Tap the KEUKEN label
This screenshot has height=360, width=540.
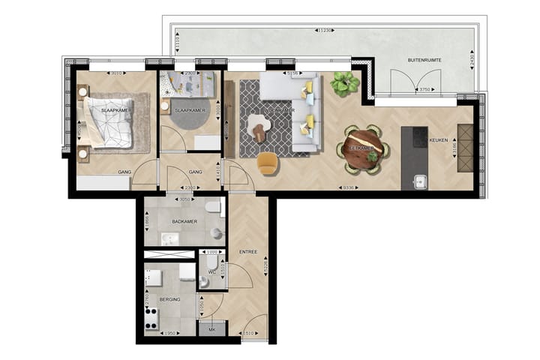[439, 140]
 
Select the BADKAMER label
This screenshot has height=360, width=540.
[184, 222]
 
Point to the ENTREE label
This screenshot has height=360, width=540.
[249, 252]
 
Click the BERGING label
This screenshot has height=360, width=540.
[169, 298]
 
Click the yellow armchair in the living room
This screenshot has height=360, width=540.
[267, 162]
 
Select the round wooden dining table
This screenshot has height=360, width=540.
[364, 147]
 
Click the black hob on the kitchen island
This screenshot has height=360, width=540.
[414, 139]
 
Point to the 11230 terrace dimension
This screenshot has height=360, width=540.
[324, 31]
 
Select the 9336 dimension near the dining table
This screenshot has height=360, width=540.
[347, 188]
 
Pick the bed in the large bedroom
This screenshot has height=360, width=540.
[108, 123]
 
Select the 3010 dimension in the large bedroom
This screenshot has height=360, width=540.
[115, 74]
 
